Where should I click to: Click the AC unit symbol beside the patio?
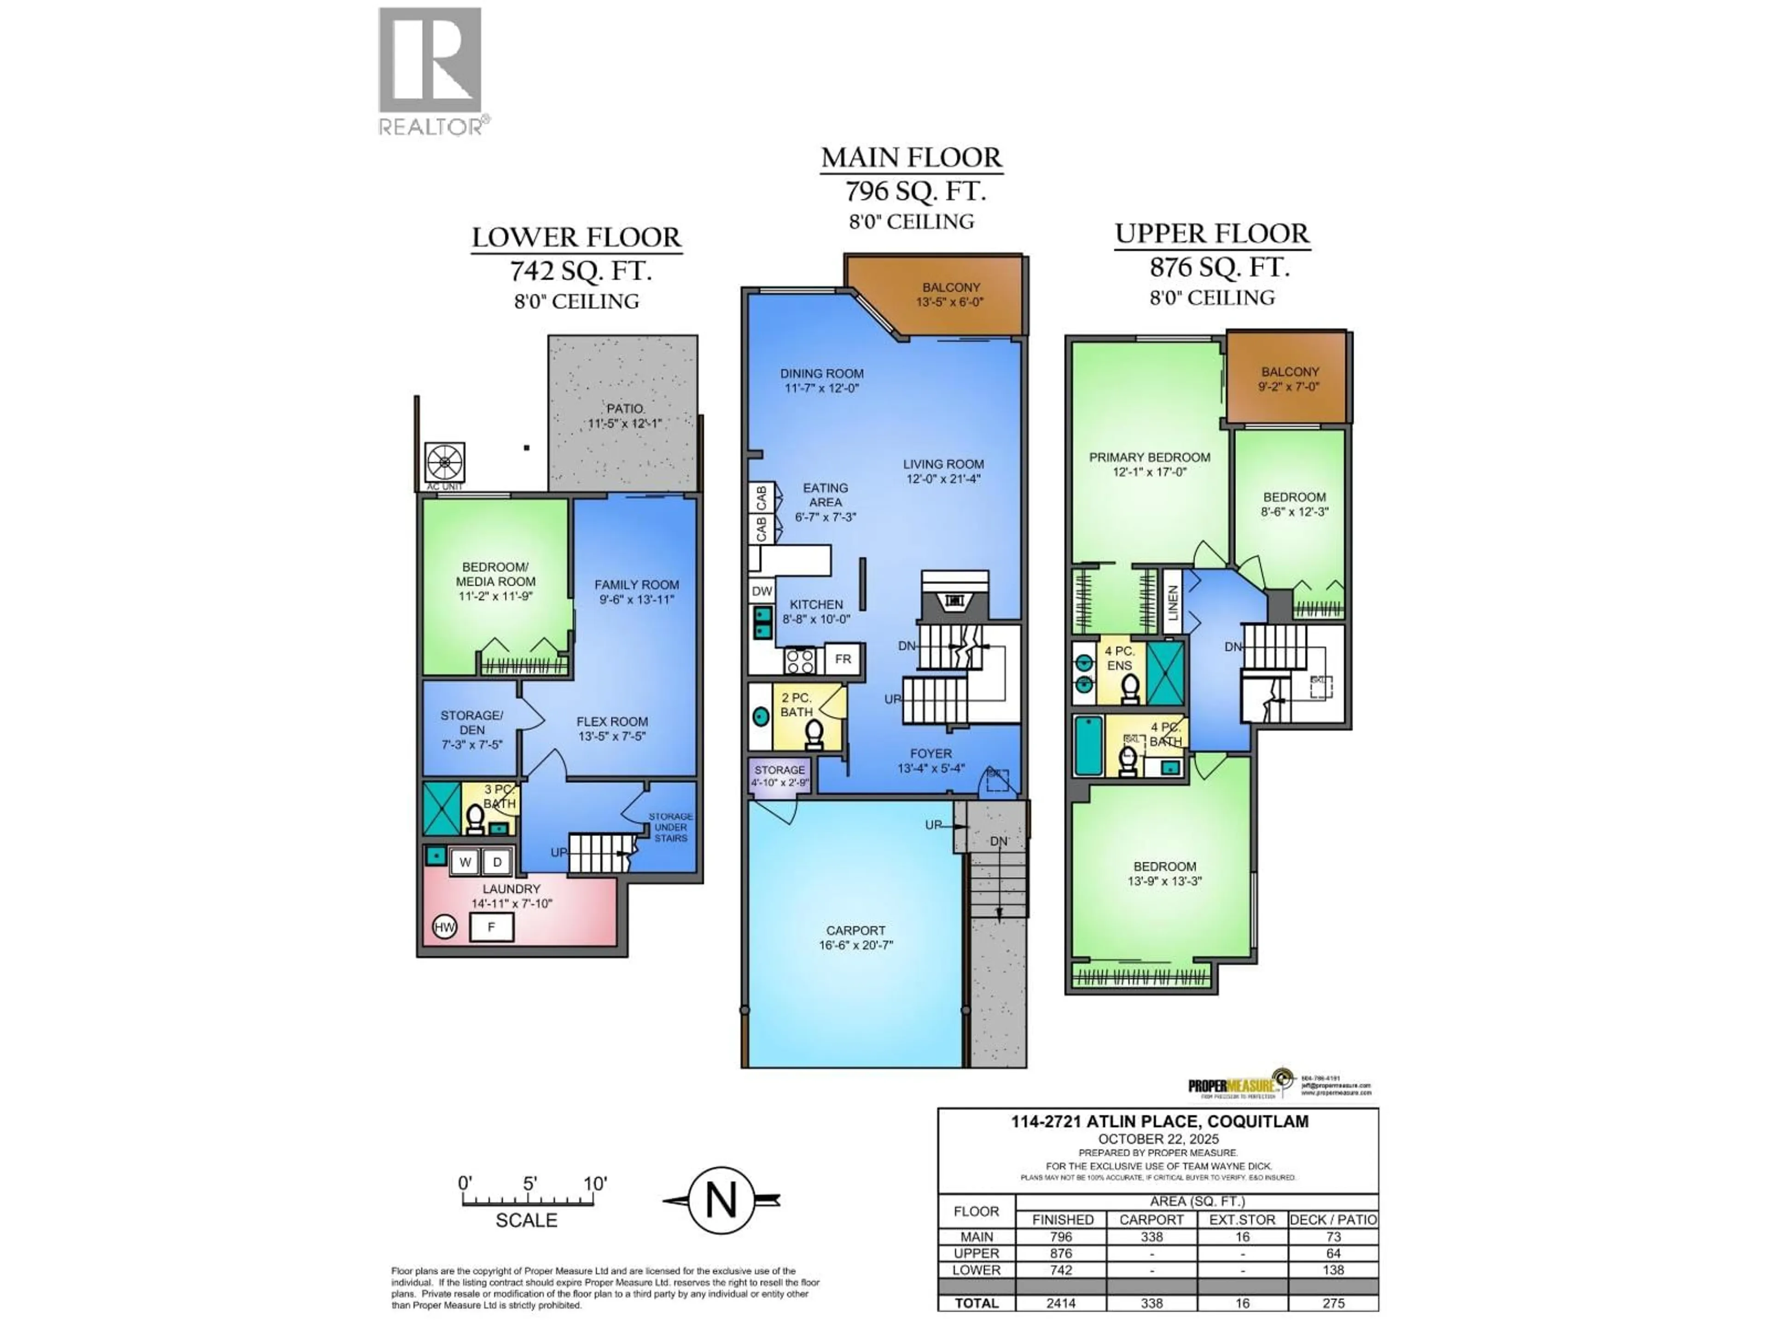click(444, 463)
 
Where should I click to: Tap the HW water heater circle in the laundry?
click(444, 927)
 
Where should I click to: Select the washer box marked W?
click(465, 861)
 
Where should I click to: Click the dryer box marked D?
click(496, 861)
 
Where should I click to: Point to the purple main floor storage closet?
click(779, 775)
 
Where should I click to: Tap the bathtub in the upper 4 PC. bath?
click(1088, 746)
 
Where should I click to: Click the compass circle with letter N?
click(721, 1200)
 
